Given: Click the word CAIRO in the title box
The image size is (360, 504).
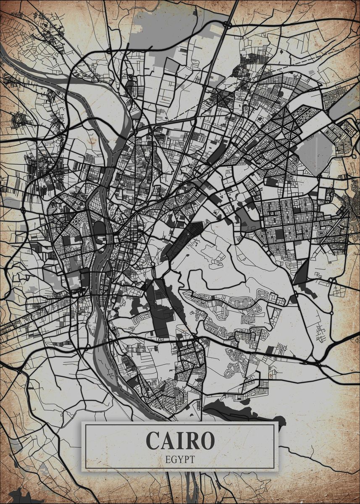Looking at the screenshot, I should [x=180, y=440].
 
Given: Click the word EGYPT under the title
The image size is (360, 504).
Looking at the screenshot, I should [x=180, y=459].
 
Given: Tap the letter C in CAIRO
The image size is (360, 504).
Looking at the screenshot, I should [x=153, y=440].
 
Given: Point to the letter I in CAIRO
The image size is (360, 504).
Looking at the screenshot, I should [x=183, y=440].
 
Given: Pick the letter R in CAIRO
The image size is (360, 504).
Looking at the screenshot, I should [x=194, y=440].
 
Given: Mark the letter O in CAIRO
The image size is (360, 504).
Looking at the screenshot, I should [x=208, y=440].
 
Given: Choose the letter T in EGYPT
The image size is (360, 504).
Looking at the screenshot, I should [x=192, y=459].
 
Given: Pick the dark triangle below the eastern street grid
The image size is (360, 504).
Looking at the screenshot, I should [x=301, y=273].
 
